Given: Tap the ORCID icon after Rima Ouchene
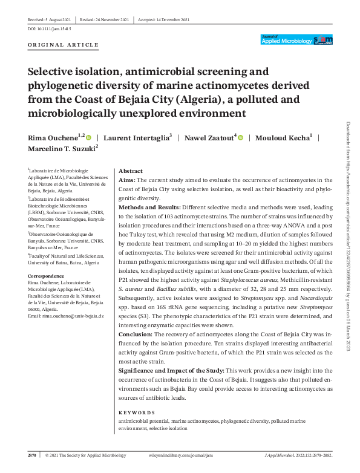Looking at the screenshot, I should tap(89, 137).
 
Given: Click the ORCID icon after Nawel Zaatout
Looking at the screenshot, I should tap(240, 137).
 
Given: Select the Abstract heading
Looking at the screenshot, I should tap(131, 171).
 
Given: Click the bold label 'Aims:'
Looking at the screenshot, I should tap(127, 180).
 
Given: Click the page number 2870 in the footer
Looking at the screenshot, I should tap(33, 455).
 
